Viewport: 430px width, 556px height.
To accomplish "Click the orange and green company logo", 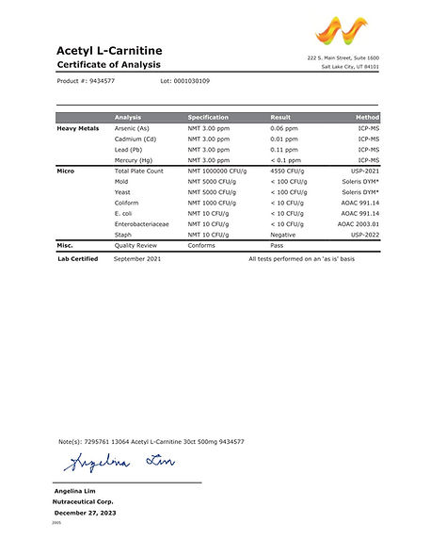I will [342, 34].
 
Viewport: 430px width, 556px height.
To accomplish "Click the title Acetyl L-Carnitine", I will [109, 49].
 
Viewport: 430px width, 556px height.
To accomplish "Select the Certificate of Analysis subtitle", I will [109, 64].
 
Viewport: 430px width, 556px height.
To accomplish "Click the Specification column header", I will [208, 117].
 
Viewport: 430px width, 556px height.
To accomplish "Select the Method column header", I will [368, 117].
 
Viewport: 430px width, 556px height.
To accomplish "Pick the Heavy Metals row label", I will [79, 127].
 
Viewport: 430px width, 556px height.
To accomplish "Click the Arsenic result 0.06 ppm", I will [286, 127].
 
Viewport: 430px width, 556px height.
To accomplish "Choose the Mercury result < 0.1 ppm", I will [288, 160].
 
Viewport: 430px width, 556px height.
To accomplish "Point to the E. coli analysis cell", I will [125, 213].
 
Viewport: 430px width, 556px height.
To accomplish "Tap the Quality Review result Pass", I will [279, 245].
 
